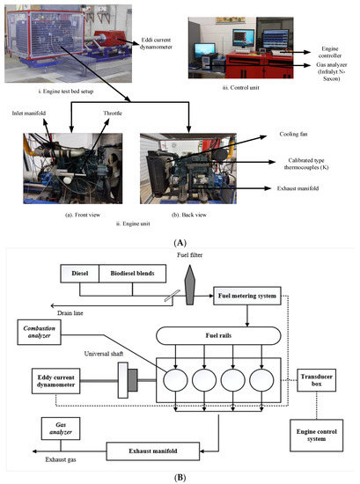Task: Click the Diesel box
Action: pos(77,273)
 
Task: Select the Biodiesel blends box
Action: pos(131,273)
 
